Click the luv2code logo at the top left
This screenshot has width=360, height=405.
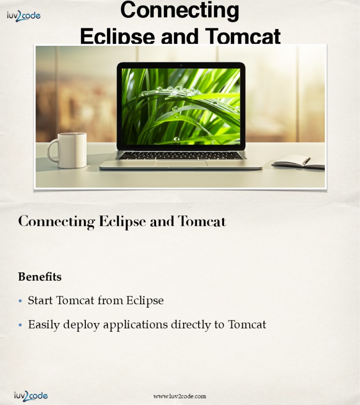tap(23, 15)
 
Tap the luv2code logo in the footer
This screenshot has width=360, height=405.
tap(30, 396)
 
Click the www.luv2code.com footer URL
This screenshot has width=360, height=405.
tap(180, 397)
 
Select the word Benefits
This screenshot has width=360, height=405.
tap(40, 277)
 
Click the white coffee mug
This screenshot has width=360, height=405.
tap(72, 150)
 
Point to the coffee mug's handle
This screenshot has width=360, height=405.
tap(52, 150)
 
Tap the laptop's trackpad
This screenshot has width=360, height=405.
tap(181, 163)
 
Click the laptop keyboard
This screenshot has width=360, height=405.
tap(181, 155)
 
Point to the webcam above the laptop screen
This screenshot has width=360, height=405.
tap(181, 65)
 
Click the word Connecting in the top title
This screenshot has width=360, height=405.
tap(180, 10)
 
